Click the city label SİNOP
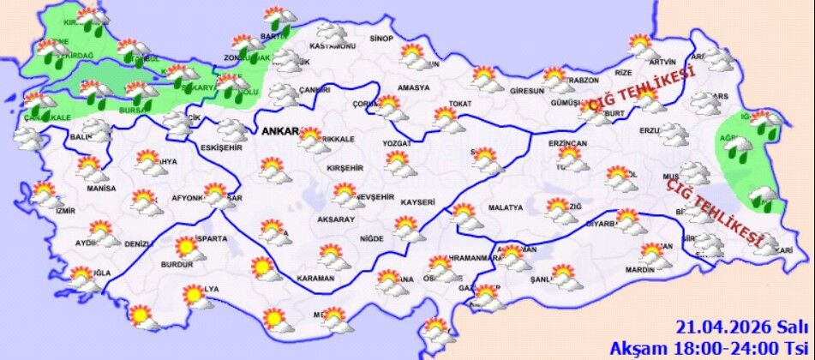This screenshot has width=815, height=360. point(381,39)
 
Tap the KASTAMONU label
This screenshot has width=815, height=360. point(333,45)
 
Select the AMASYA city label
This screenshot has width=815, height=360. point(413,88)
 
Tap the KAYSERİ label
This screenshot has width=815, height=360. point(418,201)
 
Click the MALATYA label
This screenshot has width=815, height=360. point(505,207)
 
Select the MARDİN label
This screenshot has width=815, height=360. point(639,269)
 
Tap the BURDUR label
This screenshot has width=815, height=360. point(179,265)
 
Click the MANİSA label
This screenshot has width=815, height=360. point(101,188)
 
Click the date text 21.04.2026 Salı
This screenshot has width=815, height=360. point(741,327)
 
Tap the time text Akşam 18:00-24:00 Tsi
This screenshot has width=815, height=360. point(709,347)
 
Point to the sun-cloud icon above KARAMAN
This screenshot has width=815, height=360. point(331,255)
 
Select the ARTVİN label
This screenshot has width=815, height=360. point(662,62)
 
